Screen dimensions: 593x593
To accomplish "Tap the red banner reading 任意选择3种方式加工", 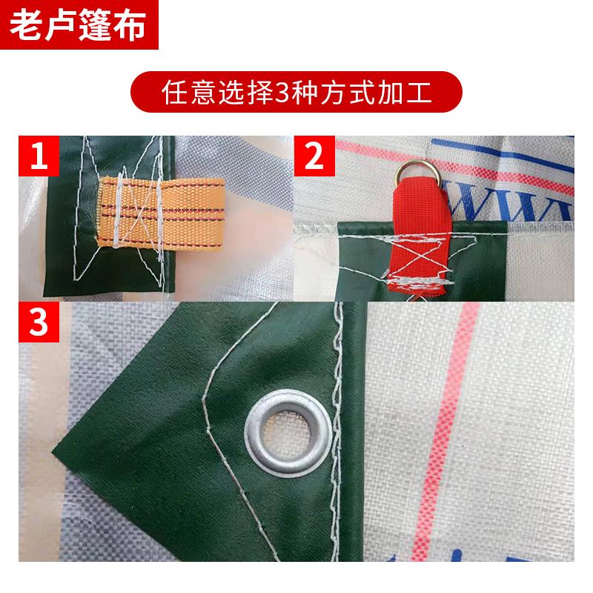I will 296,94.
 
